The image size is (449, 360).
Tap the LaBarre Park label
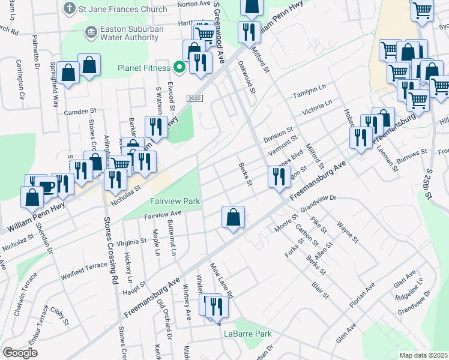coord(247,334)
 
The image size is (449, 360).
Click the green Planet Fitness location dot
coord(178,67)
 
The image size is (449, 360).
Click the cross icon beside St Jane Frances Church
coord(70,8)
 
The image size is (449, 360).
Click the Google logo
coord(19,353)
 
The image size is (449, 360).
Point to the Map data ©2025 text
coord(423,355)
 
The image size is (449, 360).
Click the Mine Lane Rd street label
coord(221,280)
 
